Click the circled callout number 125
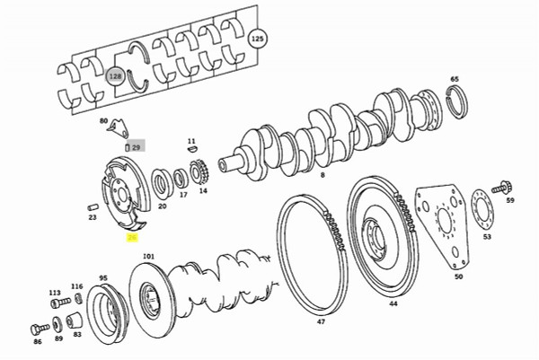click(258, 40)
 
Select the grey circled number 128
click(116, 77)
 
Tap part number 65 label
click(454, 79)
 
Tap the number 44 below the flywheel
click(393, 304)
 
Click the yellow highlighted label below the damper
click(132, 238)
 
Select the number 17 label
click(183, 194)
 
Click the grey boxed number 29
click(137, 146)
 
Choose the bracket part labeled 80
click(117, 132)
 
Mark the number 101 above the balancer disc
click(148, 256)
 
